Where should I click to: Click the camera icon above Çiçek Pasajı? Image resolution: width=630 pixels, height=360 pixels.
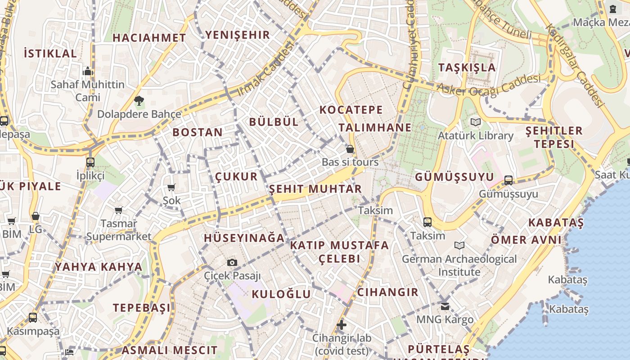pyautogui.click(x=232, y=262)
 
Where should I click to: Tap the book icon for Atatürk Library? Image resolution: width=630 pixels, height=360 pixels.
pyautogui.click(x=475, y=122)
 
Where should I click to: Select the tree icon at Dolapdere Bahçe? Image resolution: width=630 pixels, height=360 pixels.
pyautogui.click(x=139, y=101)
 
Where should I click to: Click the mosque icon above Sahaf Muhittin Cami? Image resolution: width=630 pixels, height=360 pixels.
pyautogui.click(x=88, y=71)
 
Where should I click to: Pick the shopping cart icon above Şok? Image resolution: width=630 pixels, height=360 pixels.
pyautogui.click(x=171, y=187)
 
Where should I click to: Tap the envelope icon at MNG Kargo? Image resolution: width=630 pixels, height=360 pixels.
pyautogui.click(x=445, y=306)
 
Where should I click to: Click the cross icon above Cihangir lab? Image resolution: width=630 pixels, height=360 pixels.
pyautogui.click(x=342, y=324)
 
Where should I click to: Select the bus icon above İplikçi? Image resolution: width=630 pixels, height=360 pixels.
pyautogui.click(x=90, y=162)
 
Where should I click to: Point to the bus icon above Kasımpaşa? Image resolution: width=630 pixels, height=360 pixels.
pyautogui.click(x=33, y=318)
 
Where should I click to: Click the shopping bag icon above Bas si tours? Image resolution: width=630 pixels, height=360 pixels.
pyautogui.click(x=350, y=149)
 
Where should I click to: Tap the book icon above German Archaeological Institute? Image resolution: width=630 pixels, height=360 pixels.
pyautogui.click(x=459, y=245)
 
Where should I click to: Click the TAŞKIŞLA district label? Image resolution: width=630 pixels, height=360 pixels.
pyautogui.click(x=467, y=67)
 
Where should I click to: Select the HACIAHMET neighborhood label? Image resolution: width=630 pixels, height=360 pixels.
pyautogui.click(x=149, y=38)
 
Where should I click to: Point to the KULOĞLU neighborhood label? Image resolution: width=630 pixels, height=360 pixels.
pyautogui.click(x=281, y=294)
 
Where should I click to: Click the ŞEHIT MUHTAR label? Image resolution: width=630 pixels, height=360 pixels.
pyautogui.click(x=315, y=189)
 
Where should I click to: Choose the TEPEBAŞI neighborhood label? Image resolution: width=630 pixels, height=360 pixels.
pyautogui.click(x=142, y=308)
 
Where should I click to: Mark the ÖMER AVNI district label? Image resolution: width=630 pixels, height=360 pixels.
pyautogui.click(x=526, y=239)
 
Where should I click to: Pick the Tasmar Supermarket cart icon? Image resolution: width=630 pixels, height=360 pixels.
pyautogui.click(x=119, y=210)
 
